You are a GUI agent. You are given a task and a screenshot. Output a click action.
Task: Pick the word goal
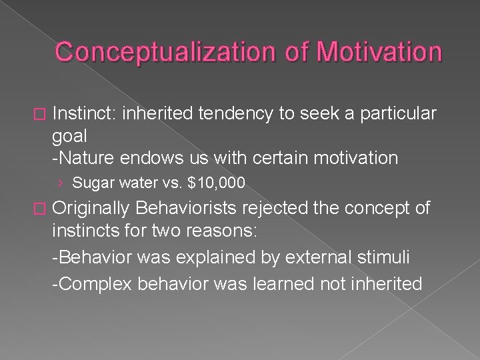click(67, 137)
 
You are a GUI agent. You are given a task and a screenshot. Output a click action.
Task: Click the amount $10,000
click(217, 183)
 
